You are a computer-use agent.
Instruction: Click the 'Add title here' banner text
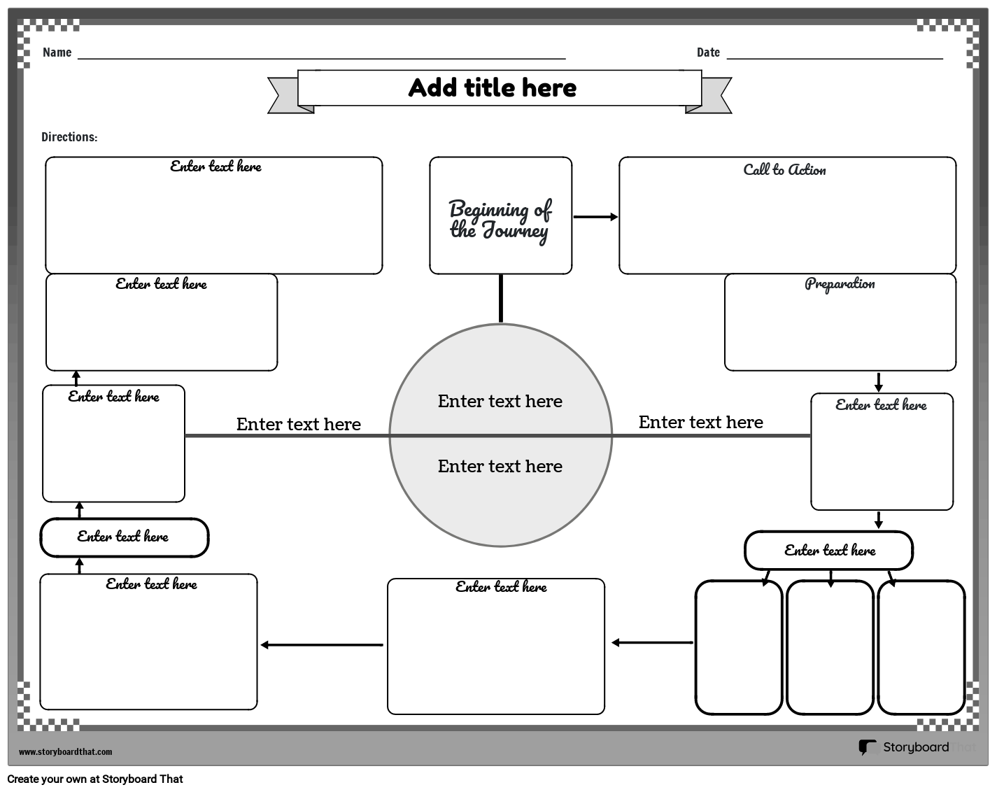492,88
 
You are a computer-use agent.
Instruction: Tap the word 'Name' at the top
57,52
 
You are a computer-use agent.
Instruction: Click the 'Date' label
708,52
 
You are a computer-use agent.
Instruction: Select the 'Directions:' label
69,137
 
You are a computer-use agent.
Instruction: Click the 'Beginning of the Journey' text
500,220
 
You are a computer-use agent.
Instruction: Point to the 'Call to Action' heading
784,170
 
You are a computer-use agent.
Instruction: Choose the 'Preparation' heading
840,284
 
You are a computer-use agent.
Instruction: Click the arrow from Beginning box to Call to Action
595,217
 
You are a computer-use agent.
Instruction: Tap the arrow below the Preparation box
879,382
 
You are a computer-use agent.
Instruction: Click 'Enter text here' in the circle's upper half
500,402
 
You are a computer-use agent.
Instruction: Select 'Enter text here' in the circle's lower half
500,467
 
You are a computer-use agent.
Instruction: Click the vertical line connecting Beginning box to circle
501,299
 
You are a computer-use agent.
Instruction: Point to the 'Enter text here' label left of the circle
298,425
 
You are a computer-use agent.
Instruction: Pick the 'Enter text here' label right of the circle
700,423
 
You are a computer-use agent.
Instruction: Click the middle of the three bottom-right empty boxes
830,647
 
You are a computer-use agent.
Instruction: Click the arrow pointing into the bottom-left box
322,645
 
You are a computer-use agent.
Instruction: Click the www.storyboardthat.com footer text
65,752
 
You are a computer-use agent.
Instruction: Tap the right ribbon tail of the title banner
716,96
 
